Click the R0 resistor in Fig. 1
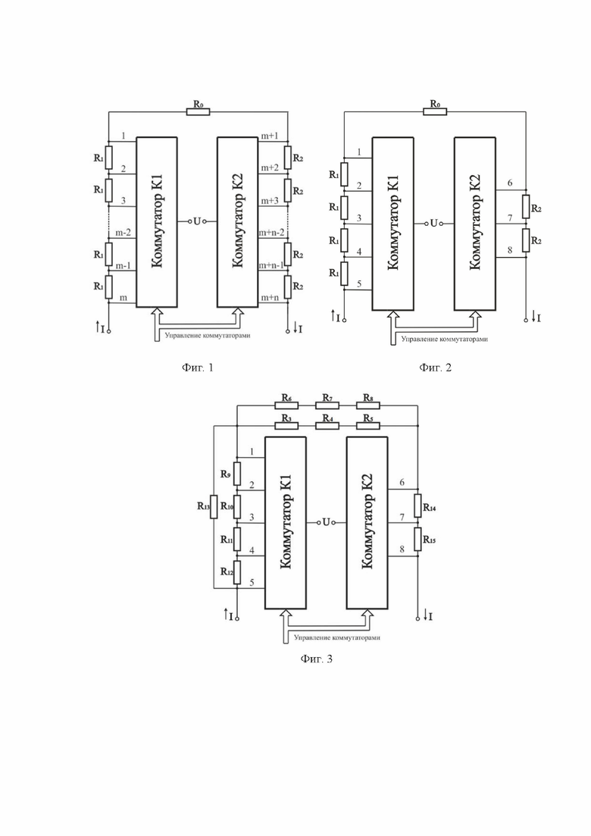click(x=199, y=112)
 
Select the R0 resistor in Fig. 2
click(x=435, y=112)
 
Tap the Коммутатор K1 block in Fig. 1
click(x=157, y=222)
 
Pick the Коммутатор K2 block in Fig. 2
click(x=475, y=224)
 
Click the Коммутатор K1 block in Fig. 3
click(x=285, y=522)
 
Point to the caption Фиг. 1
click(x=197, y=368)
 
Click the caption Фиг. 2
click(x=435, y=368)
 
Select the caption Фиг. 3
click(x=317, y=659)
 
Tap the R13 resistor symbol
click(x=214, y=507)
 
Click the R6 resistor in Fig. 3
click(x=286, y=405)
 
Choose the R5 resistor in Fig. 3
click(x=368, y=425)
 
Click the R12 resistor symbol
click(x=236, y=572)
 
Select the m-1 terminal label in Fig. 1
click(x=123, y=265)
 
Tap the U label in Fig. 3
click(x=326, y=522)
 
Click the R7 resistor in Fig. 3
click(x=327, y=405)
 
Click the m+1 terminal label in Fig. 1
click(x=269, y=136)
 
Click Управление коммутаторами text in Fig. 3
click(x=337, y=637)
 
